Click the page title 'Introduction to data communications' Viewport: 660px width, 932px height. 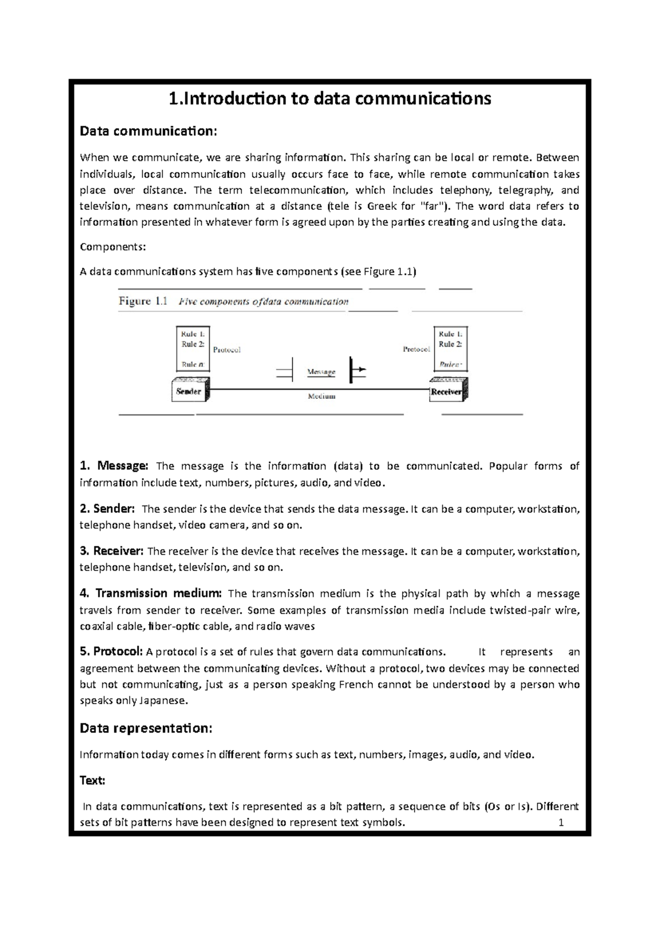pos(329,99)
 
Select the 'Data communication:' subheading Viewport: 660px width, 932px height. pos(148,131)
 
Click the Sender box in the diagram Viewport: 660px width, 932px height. pos(189,391)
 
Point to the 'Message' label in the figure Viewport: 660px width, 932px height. pos(321,372)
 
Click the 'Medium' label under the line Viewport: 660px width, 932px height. pos(321,396)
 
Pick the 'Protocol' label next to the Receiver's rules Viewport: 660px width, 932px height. pos(416,349)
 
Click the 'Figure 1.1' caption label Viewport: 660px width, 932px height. pos(143,301)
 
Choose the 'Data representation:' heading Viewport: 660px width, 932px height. pos(146,728)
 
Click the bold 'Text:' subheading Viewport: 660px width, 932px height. pos(92,780)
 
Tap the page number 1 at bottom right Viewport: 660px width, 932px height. pos(561,823)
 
